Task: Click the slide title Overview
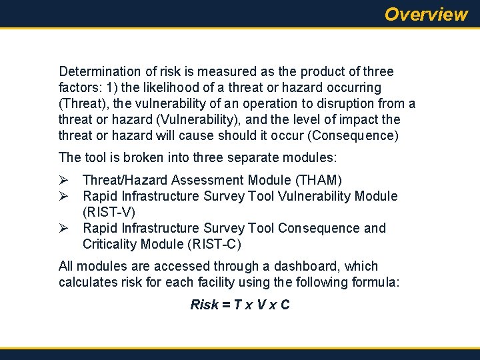click(x=426, y=14)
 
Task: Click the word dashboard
click(x=310, y=266)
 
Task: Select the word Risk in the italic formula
click(x=204, y=305)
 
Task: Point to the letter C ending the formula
click(x=285, y=305)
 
